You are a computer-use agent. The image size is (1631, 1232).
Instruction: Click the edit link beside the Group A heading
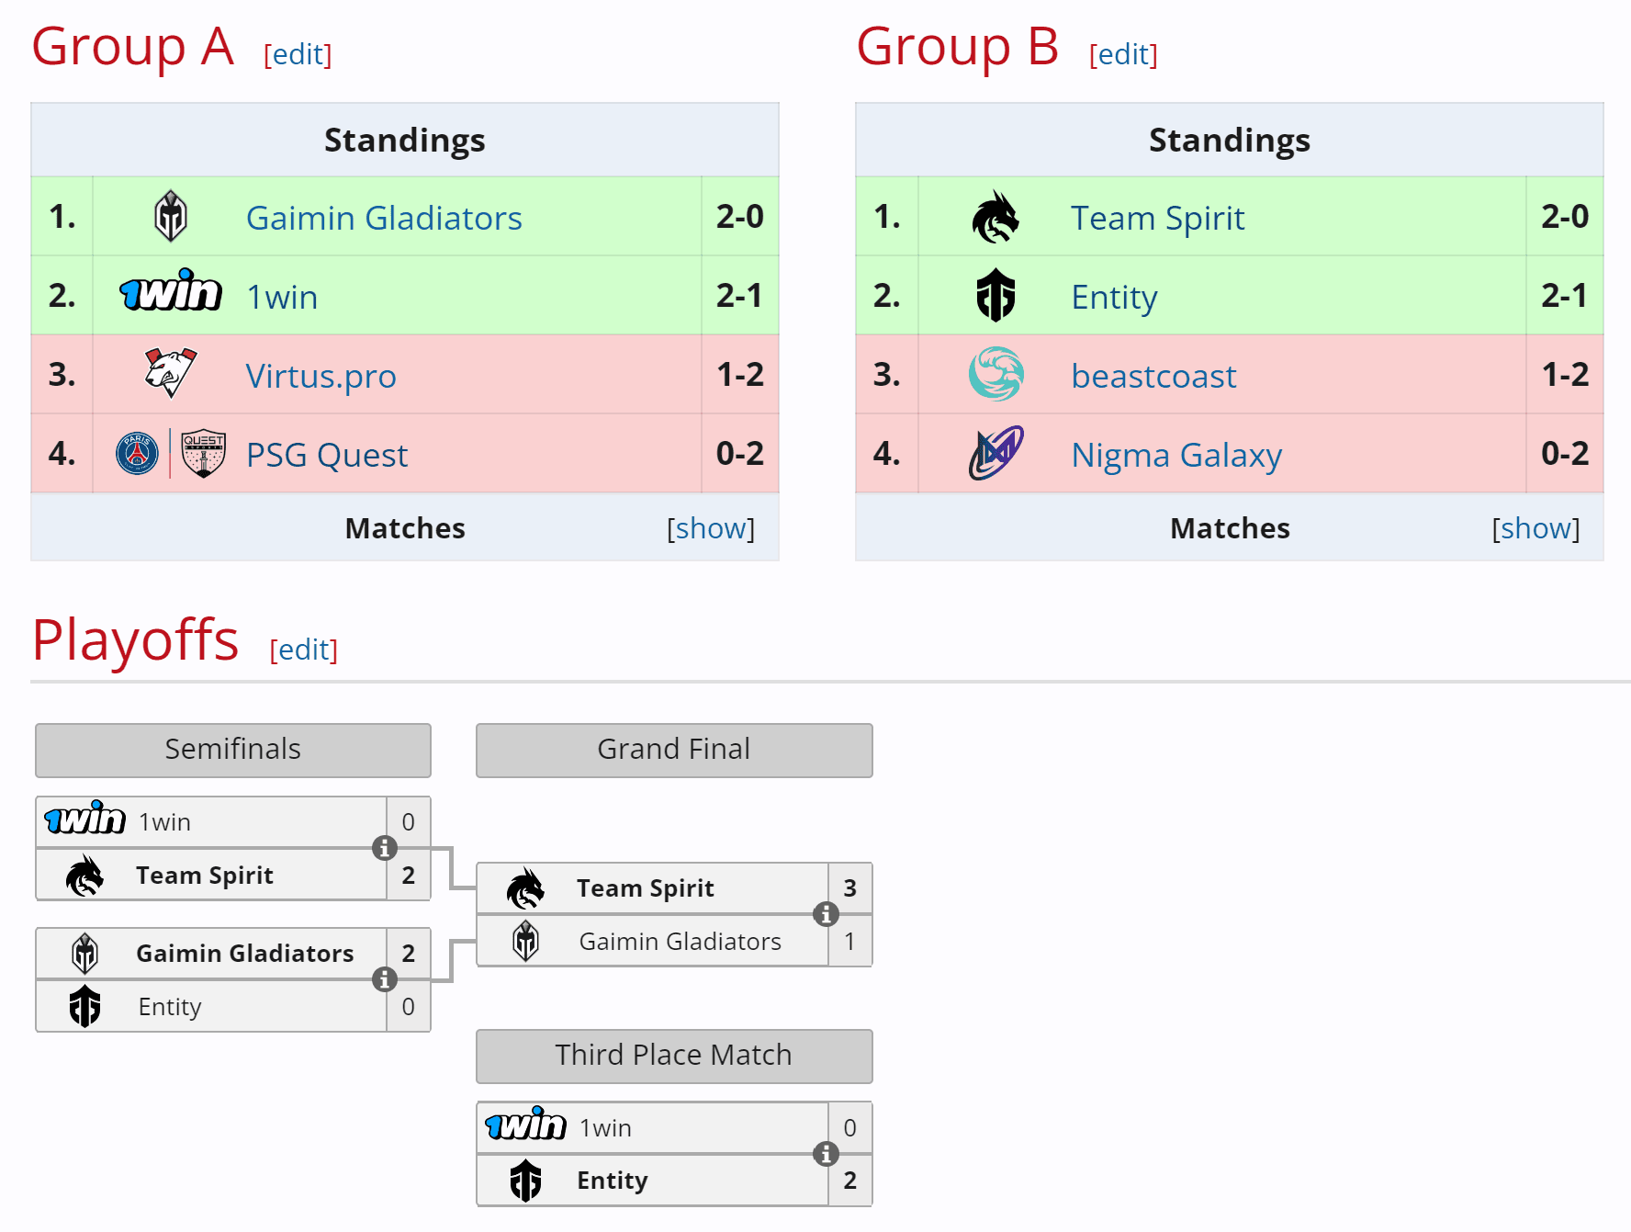pyautogui.click(x=298, y=54)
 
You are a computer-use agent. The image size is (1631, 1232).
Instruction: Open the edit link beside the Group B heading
pyautogui.click(x=1123, y=54)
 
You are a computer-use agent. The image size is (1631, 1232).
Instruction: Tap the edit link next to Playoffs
pyautogui.click(x=304, y=650)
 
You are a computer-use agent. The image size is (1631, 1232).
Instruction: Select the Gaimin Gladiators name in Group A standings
pyautogui.click(x=384, y=218)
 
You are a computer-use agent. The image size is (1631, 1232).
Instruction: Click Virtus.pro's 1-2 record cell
pyautogui.click(x=740, y=375)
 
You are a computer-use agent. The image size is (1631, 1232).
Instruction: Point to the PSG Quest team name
pyautogui.click(x=327, y=455)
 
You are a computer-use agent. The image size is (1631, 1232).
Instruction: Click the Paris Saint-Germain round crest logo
pyautogui.click(x=138, y=454)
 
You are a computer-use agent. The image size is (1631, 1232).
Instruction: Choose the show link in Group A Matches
pyautogui.click(x=711, y=528)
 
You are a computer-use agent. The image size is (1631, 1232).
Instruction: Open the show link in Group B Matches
pyautogui.click(x=1535, y=528)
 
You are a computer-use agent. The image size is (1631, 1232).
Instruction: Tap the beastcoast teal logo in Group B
pyautogui.click(x=996, y=374)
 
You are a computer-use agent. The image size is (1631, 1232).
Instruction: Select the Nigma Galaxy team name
pyautogui.click(x=1176, y=455)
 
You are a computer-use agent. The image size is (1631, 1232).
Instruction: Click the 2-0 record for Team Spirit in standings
pyautogui.click(x=1565, y=217)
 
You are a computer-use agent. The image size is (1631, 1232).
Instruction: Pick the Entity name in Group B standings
pyautogui.click(x=1114, y=297)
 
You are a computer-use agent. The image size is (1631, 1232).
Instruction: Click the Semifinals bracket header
pyautogui.click(x=233, y=750)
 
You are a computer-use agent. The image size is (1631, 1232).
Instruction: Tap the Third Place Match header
pyautogui.click(x=674, y=1056)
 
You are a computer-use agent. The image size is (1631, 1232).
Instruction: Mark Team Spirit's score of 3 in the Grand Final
pyautogui.click(x=850, y=888)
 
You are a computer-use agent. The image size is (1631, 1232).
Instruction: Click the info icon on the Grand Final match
pyautogui.click(x=826, y=914)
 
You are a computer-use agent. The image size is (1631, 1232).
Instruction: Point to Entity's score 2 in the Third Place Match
pyautogui.click(x=850, y=1181)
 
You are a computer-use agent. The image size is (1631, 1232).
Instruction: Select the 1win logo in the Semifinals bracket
pyautogui.click(x=85, y=819)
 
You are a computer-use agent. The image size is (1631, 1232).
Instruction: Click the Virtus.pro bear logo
pyautogui.click(x=171, y=372)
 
